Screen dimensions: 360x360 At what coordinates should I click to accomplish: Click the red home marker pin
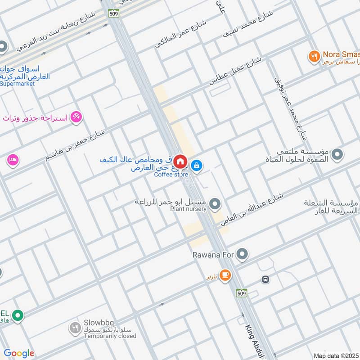(180, 161)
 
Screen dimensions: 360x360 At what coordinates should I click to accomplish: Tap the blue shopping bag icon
(197, 166)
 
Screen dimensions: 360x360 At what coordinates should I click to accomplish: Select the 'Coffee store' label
(171, 175)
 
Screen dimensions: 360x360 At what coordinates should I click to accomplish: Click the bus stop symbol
(265, 279)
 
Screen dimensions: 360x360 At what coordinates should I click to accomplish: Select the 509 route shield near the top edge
(113, 13)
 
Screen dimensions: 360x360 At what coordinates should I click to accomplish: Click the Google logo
(18, 353)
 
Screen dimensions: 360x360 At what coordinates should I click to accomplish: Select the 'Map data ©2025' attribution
(336, 355)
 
